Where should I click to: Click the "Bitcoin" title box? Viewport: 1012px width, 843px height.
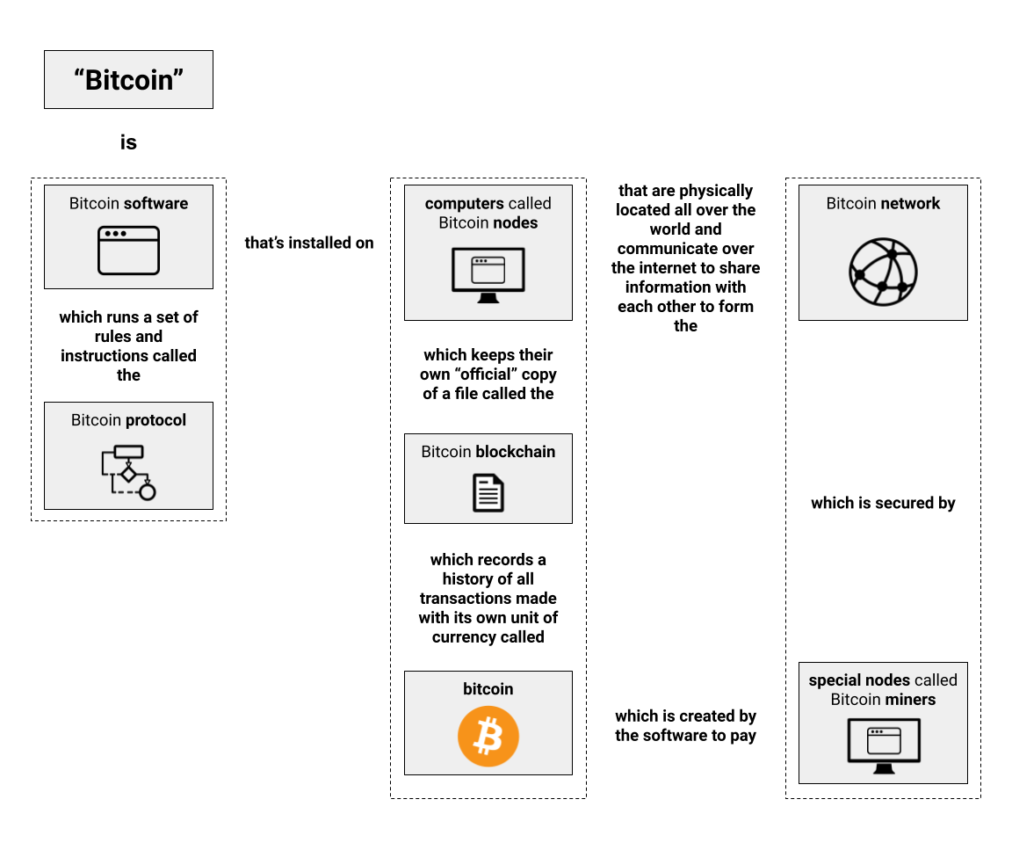[x=128, y=80]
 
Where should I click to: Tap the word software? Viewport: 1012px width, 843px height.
[x=156, y=204]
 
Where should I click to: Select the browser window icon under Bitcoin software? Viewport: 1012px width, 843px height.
[x=128, y=251]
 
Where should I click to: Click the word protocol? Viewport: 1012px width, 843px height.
[x=155, y=420]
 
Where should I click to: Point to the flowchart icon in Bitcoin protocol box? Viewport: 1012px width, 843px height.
[x=128, y=472]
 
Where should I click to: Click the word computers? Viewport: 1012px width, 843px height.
[x=464, y=204]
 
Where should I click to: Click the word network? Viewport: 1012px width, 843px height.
[x=910, y=204]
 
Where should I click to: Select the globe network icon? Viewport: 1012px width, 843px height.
[x=883, y=273]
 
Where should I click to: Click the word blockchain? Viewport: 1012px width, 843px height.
[x=515, y=452]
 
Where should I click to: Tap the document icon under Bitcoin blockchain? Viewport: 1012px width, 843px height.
[x=488, y=493]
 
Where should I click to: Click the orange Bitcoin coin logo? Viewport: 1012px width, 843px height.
[x=488, y=737]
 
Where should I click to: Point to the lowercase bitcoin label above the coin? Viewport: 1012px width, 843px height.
[x=488, y=689]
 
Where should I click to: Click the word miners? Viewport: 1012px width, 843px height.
[x=908, y=700]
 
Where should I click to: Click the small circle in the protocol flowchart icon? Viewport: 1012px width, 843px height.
[x=148, y=491]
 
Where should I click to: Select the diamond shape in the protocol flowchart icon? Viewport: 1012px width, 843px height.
[x=128, y=475]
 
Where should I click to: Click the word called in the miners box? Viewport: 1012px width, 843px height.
[x=935, y=680]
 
